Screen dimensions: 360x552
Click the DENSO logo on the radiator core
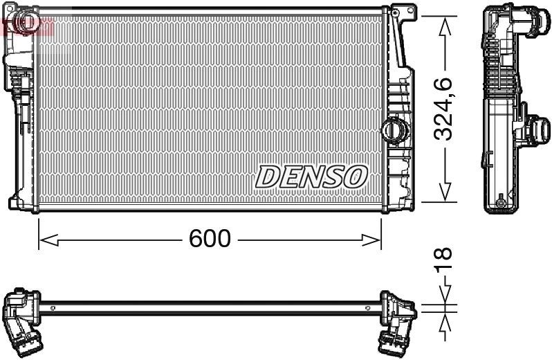311,177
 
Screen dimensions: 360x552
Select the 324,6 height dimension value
445,109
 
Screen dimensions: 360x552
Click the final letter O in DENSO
354,177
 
